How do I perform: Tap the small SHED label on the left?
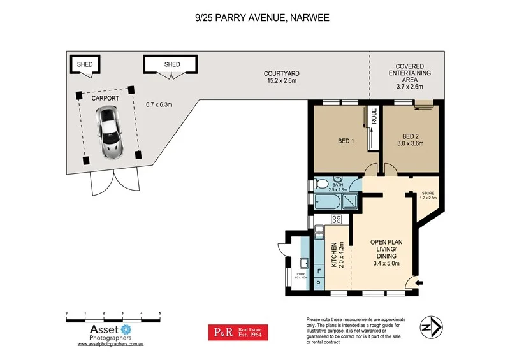pos(84,64)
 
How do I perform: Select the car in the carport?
pos(109,132)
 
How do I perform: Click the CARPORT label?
pos(105,100)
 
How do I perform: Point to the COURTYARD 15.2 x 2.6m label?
pos(282,77)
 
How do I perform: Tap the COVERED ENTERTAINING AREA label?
pos(410,76)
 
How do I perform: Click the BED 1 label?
pos(346,141)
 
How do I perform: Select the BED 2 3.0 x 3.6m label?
pos(413,140)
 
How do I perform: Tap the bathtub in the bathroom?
pos(326,203)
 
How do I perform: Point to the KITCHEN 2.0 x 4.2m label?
pos(337,255)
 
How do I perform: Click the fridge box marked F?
pos(319,270)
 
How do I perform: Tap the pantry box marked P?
pos(319,282)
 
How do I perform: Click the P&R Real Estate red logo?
pos(238,332)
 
